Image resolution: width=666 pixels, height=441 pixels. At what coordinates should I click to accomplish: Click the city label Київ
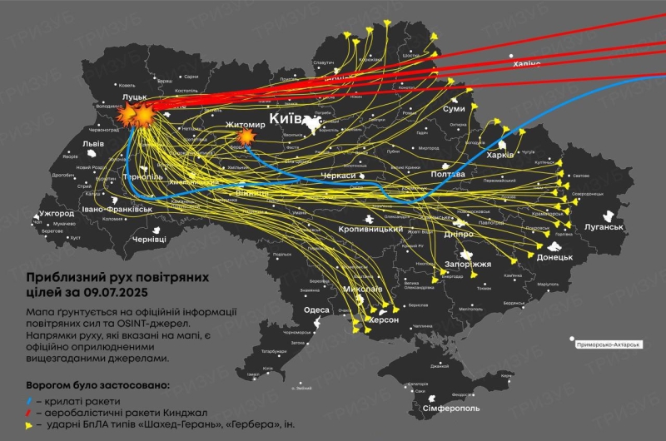[287, 118]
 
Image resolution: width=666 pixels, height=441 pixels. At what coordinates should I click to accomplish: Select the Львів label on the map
[93, 143]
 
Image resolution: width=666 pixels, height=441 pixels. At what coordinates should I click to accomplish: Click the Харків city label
[500, 155]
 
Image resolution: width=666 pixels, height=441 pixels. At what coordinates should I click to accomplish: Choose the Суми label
[454, 109]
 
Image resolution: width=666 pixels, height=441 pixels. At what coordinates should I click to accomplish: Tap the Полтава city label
[448, 175]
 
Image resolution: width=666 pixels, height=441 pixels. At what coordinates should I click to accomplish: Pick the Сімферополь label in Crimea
[451, 409]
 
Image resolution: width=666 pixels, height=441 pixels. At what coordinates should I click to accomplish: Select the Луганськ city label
[599, 226]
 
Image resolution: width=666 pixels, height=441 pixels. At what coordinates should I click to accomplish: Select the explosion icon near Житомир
[246, 137]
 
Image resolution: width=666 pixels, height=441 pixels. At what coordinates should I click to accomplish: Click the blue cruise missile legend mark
[30, 402]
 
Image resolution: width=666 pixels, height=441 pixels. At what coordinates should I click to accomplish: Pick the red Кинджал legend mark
[30, 413]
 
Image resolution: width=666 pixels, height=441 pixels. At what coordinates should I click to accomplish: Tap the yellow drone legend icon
[30, 424]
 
